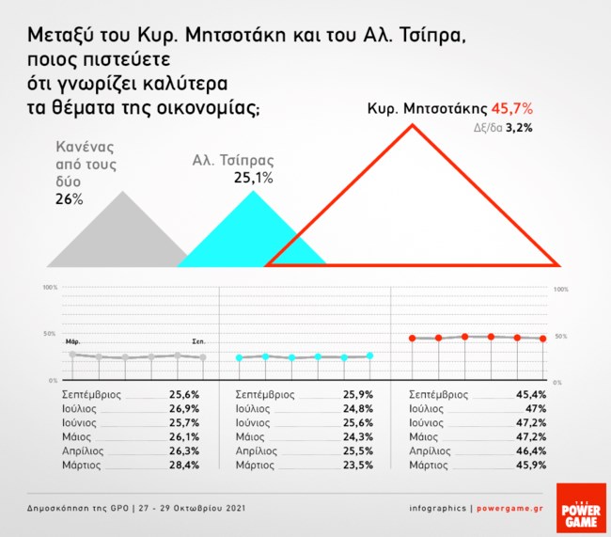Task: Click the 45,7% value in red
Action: click(x=512, y=109)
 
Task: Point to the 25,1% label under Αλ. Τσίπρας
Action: click(x=253, y=178)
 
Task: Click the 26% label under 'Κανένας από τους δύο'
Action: click(x=69, y=199)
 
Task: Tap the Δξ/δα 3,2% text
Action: click(x=511, y=128)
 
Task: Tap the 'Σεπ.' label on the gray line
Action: click(x=198, y=341)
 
